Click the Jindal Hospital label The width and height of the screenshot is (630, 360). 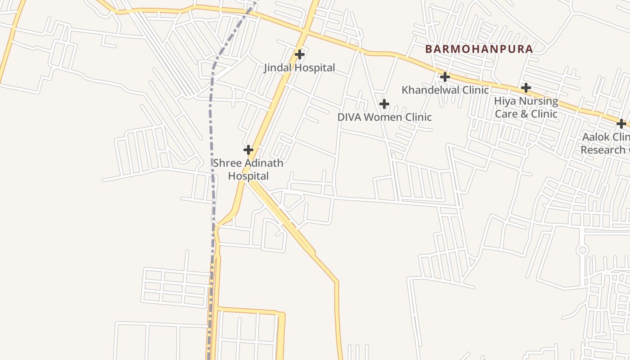click(299, 68)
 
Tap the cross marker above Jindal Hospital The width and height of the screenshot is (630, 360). click(299, 54)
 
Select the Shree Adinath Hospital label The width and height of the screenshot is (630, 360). click(248, 169)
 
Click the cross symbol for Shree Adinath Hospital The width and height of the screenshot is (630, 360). click(248, 149)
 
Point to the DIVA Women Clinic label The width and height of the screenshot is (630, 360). click(384, 117)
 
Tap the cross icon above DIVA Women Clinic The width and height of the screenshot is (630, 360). click(384, 104)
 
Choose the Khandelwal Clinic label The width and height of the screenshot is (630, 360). click(445, 90)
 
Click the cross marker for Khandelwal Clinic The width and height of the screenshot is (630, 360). click(445, 77)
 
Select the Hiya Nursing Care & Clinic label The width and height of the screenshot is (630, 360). click(526, 107)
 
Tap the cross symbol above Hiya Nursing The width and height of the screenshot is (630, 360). click(526, 87)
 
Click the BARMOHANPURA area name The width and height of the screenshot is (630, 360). click(479, 49)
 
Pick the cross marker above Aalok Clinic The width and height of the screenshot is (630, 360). click(621, 123)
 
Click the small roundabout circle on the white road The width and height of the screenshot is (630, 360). click(582, 250)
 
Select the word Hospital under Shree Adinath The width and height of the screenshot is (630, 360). click(248, 176)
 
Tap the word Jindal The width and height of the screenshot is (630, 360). click(278, 68)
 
